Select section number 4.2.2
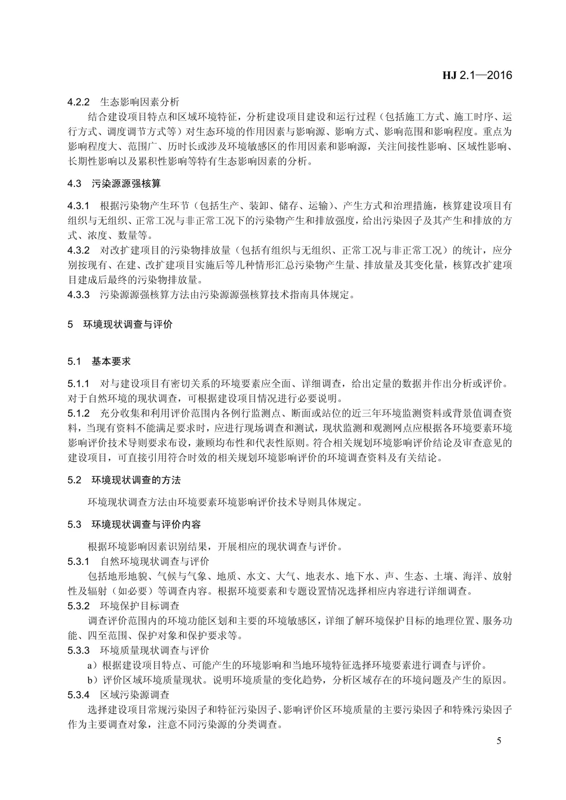[x=79, y=102]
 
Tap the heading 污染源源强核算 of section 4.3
[x=126, y=184]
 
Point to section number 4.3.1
[x=79, y=205]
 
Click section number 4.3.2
[x=79, y=250]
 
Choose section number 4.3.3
[x=79, y=294]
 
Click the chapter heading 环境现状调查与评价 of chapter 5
[x=128, y=324]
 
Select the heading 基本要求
[x=111, y=361]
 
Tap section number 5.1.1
[x=79, y=384]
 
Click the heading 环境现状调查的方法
[x=136, y=480]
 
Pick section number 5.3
[x=74, y=524]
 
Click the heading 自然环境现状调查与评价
[x=155, y=561]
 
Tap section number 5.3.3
[x=79, y=650]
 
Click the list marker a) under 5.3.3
[x=93, y=665]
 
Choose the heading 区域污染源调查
[x=135, y=695]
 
